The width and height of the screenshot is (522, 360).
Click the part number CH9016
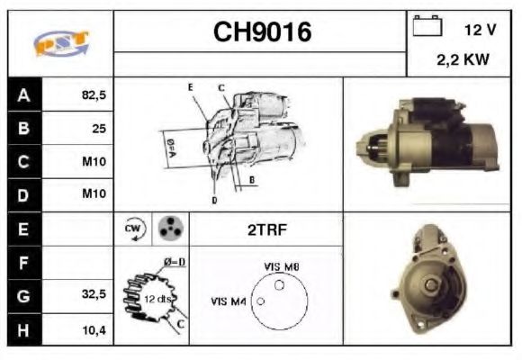[x=262, y=32]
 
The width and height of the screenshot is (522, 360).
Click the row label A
[x=23, y=94]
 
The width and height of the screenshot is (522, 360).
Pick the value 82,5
[x=94, y=94]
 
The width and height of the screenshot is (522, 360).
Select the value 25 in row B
[x=98, y=128]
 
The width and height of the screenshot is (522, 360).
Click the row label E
[x=23, y=229]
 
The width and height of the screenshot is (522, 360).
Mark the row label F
[x=23, y=263]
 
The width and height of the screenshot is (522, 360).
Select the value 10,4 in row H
[x=94, y=329]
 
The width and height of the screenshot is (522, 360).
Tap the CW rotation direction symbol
[x=133, y=229]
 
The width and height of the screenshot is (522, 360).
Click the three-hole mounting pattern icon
[x=168, y=229]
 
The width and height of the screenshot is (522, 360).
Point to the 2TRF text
[x=266, y=229]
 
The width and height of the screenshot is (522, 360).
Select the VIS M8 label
[x=282, y=267]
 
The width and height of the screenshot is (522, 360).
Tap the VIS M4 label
[x=229, y=301]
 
